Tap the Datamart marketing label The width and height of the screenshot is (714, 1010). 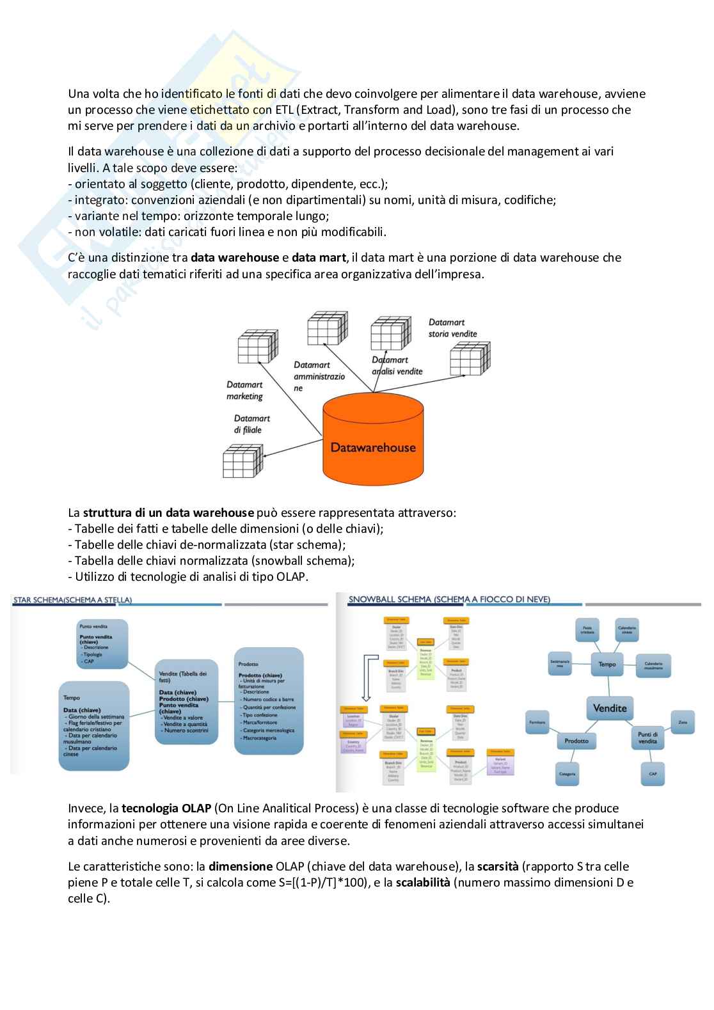[244, 390]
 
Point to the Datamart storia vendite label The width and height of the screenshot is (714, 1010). [452, 328]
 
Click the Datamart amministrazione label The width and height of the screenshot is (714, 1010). [319, 376]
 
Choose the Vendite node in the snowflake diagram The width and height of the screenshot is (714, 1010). [610, 708]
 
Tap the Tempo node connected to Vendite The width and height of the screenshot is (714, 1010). [607, 665]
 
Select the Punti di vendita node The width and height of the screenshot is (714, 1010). [647, 738]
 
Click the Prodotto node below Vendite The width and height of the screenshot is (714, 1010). [576, 741]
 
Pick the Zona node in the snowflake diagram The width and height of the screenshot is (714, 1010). [682, 722]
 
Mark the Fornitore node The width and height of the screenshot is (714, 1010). [537, 722]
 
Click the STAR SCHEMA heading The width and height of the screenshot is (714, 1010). [72, 600]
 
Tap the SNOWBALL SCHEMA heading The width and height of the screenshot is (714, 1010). [449, 599]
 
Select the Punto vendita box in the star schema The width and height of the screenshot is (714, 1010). [102, 643]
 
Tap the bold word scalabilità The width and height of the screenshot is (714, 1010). [422, 883]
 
